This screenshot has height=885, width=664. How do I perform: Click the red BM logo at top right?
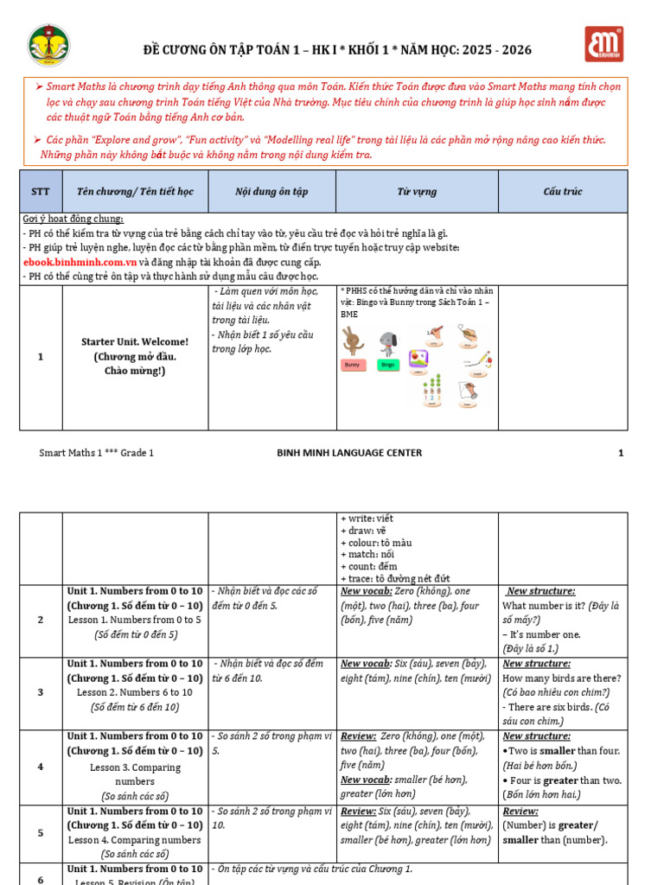pyautogui.click(x=603, y=44)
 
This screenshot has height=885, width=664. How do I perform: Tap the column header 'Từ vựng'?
pyautogui.click(x=417, y=192)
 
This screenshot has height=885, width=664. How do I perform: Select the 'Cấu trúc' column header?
pyautogui.click(x=563, y=192)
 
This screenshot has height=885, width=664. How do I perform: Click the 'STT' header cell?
pyautogui.click(x=41, y=192)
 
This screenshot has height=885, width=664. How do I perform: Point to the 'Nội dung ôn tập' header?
pyautogui.click(x=271, y=192)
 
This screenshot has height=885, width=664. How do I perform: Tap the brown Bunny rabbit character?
pyautogui.click(x=353, y=341)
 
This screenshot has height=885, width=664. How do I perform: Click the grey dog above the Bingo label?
pyautogui.click(x=388, y=342)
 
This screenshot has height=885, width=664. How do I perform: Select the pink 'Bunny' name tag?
pyautogui.click(x=353, y=366)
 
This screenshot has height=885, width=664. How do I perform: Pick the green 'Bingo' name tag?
pyautogui.click(x=388, y=366)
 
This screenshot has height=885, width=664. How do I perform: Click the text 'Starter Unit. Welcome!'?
pyautogui.click(x=134, y=341)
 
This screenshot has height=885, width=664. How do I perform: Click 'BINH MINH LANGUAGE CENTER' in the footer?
pyautogui.click(x=349, y=453)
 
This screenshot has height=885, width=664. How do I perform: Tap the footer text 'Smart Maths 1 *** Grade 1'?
pyautogui.click(x=97, y=453)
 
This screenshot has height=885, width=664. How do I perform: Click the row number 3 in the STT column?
pyautogui.click(x=41, y=692)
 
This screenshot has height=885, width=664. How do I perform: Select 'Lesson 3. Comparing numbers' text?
pyautogui.click(x=135, y=774)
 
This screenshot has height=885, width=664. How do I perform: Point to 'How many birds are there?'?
pyautogui.click(x=562, y=678)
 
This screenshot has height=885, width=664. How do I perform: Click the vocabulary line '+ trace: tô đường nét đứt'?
pyautogui.click(x=395, y=578)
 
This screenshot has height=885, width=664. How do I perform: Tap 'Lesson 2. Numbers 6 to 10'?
pyautogui.click(x=134, y=692)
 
